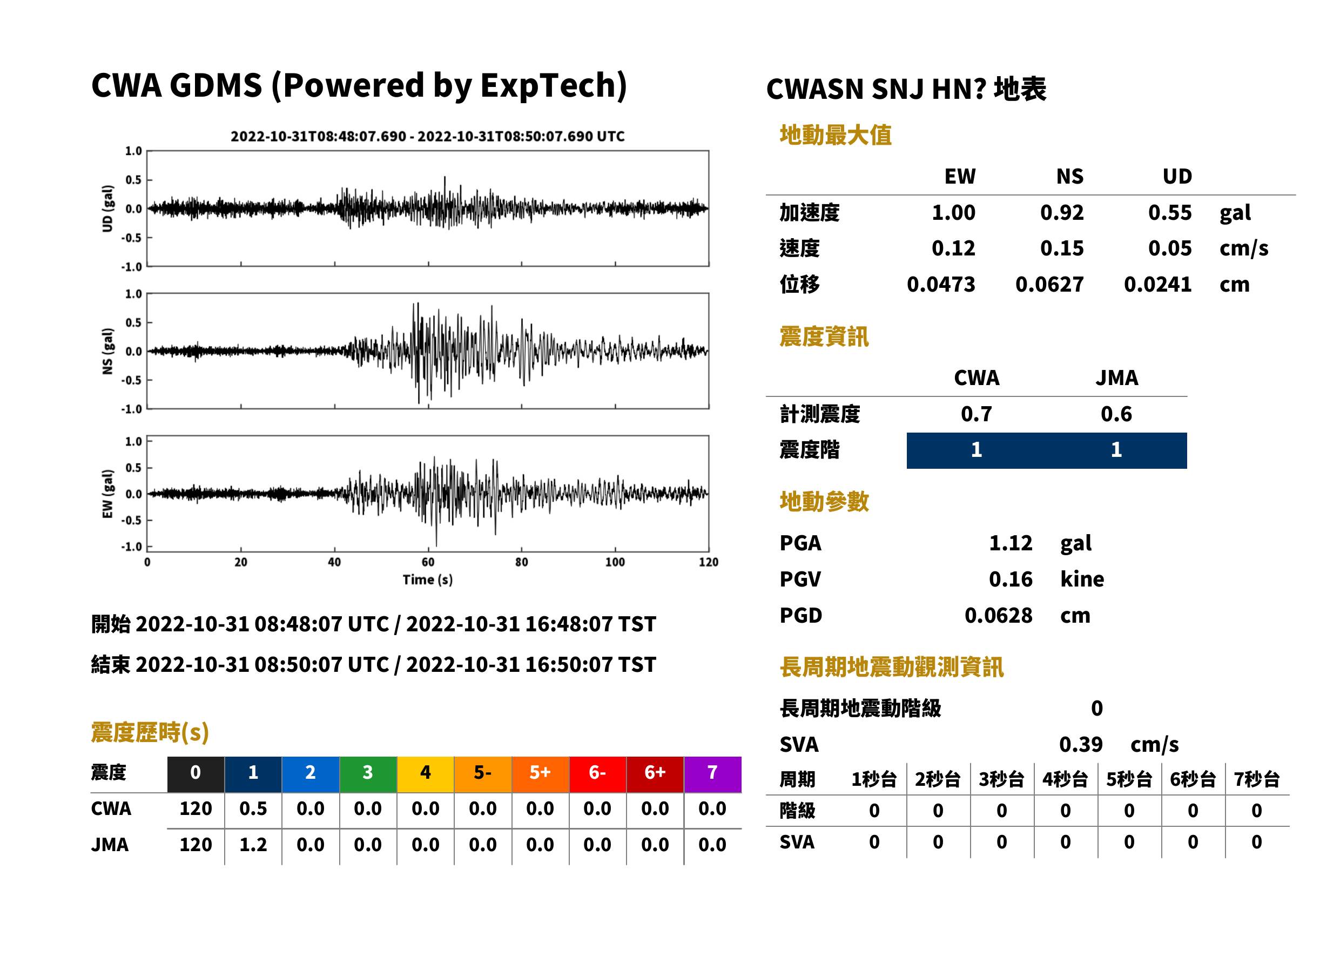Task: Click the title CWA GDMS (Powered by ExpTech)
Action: click(359, 85)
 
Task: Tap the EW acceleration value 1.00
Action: click(953, 212)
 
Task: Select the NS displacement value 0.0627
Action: click(1049, 285)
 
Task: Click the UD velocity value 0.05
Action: click(1170, 248)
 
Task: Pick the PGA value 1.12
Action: click(1011, 543)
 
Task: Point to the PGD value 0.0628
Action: click(998, 615)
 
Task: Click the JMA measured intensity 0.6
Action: click(1116, 414)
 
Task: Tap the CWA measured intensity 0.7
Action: click(976, 414)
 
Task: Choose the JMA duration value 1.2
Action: click(253, 845)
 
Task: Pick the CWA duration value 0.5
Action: click(253, 808)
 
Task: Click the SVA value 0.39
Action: click(1081, 744)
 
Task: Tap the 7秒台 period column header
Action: click(1256, 779)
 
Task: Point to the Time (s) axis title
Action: click(428, 580)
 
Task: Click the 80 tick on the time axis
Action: click(522, 562)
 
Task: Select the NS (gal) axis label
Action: click(107, 351)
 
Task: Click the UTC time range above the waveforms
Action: click(428, 136)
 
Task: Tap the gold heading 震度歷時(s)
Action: click(150, 732)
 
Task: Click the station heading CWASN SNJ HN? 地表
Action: click(906, 90)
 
